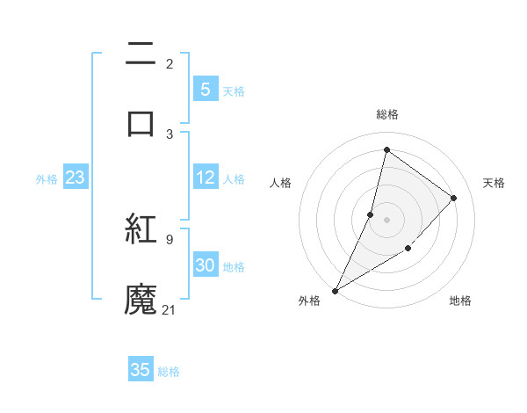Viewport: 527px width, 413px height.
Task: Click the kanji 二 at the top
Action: pyautogui.click(x=141, y=54)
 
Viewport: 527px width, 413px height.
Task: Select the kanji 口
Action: pyautogui.click(x=141, y=123)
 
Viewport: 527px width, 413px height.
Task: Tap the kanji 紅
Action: pyautogui.click(x=141, y=230)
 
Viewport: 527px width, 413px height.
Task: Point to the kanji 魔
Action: pyautogui.click(x=141, y=300)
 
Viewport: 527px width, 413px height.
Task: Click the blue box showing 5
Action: pyautogui.click(x=205, y=90)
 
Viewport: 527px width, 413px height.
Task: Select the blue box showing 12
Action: pyautogui.click(x=205, y=178)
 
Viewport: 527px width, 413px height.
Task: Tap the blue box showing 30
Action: pyautogui.click(x=205, y=266)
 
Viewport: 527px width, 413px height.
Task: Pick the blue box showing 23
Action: pyautogui.click(x=75, y=178)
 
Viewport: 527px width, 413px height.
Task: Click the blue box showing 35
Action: pyautogui.click(x=141, y=370)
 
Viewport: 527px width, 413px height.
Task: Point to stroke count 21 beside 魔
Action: pyautogui.click(x=170, y=309)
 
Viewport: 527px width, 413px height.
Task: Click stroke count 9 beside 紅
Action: pyautogui.click(x=169, y=238)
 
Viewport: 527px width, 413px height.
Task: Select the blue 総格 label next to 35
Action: pyautogui.click(x=169, y=372)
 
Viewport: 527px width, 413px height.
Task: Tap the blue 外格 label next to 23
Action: pyautogui.click(x=47, y=179)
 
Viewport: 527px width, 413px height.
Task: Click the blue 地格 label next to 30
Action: pyautogui.click(x=234, y=267)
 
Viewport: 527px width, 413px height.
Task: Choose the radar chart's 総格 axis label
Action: pyautogui.click(x=386, y=114)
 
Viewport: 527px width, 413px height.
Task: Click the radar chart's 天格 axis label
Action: pyautogui.click(x=495, y=183)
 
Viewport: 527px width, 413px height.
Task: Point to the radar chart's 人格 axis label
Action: pyautogui.click(x=280, y=183)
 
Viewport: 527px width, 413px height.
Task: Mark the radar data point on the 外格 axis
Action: pyautogui.click(x=335, y=290)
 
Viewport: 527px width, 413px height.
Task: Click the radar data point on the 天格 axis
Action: pyautogui.click(x=454, y=198)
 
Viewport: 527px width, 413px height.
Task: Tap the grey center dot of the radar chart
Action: pyautogui.click(x=386, y=220)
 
